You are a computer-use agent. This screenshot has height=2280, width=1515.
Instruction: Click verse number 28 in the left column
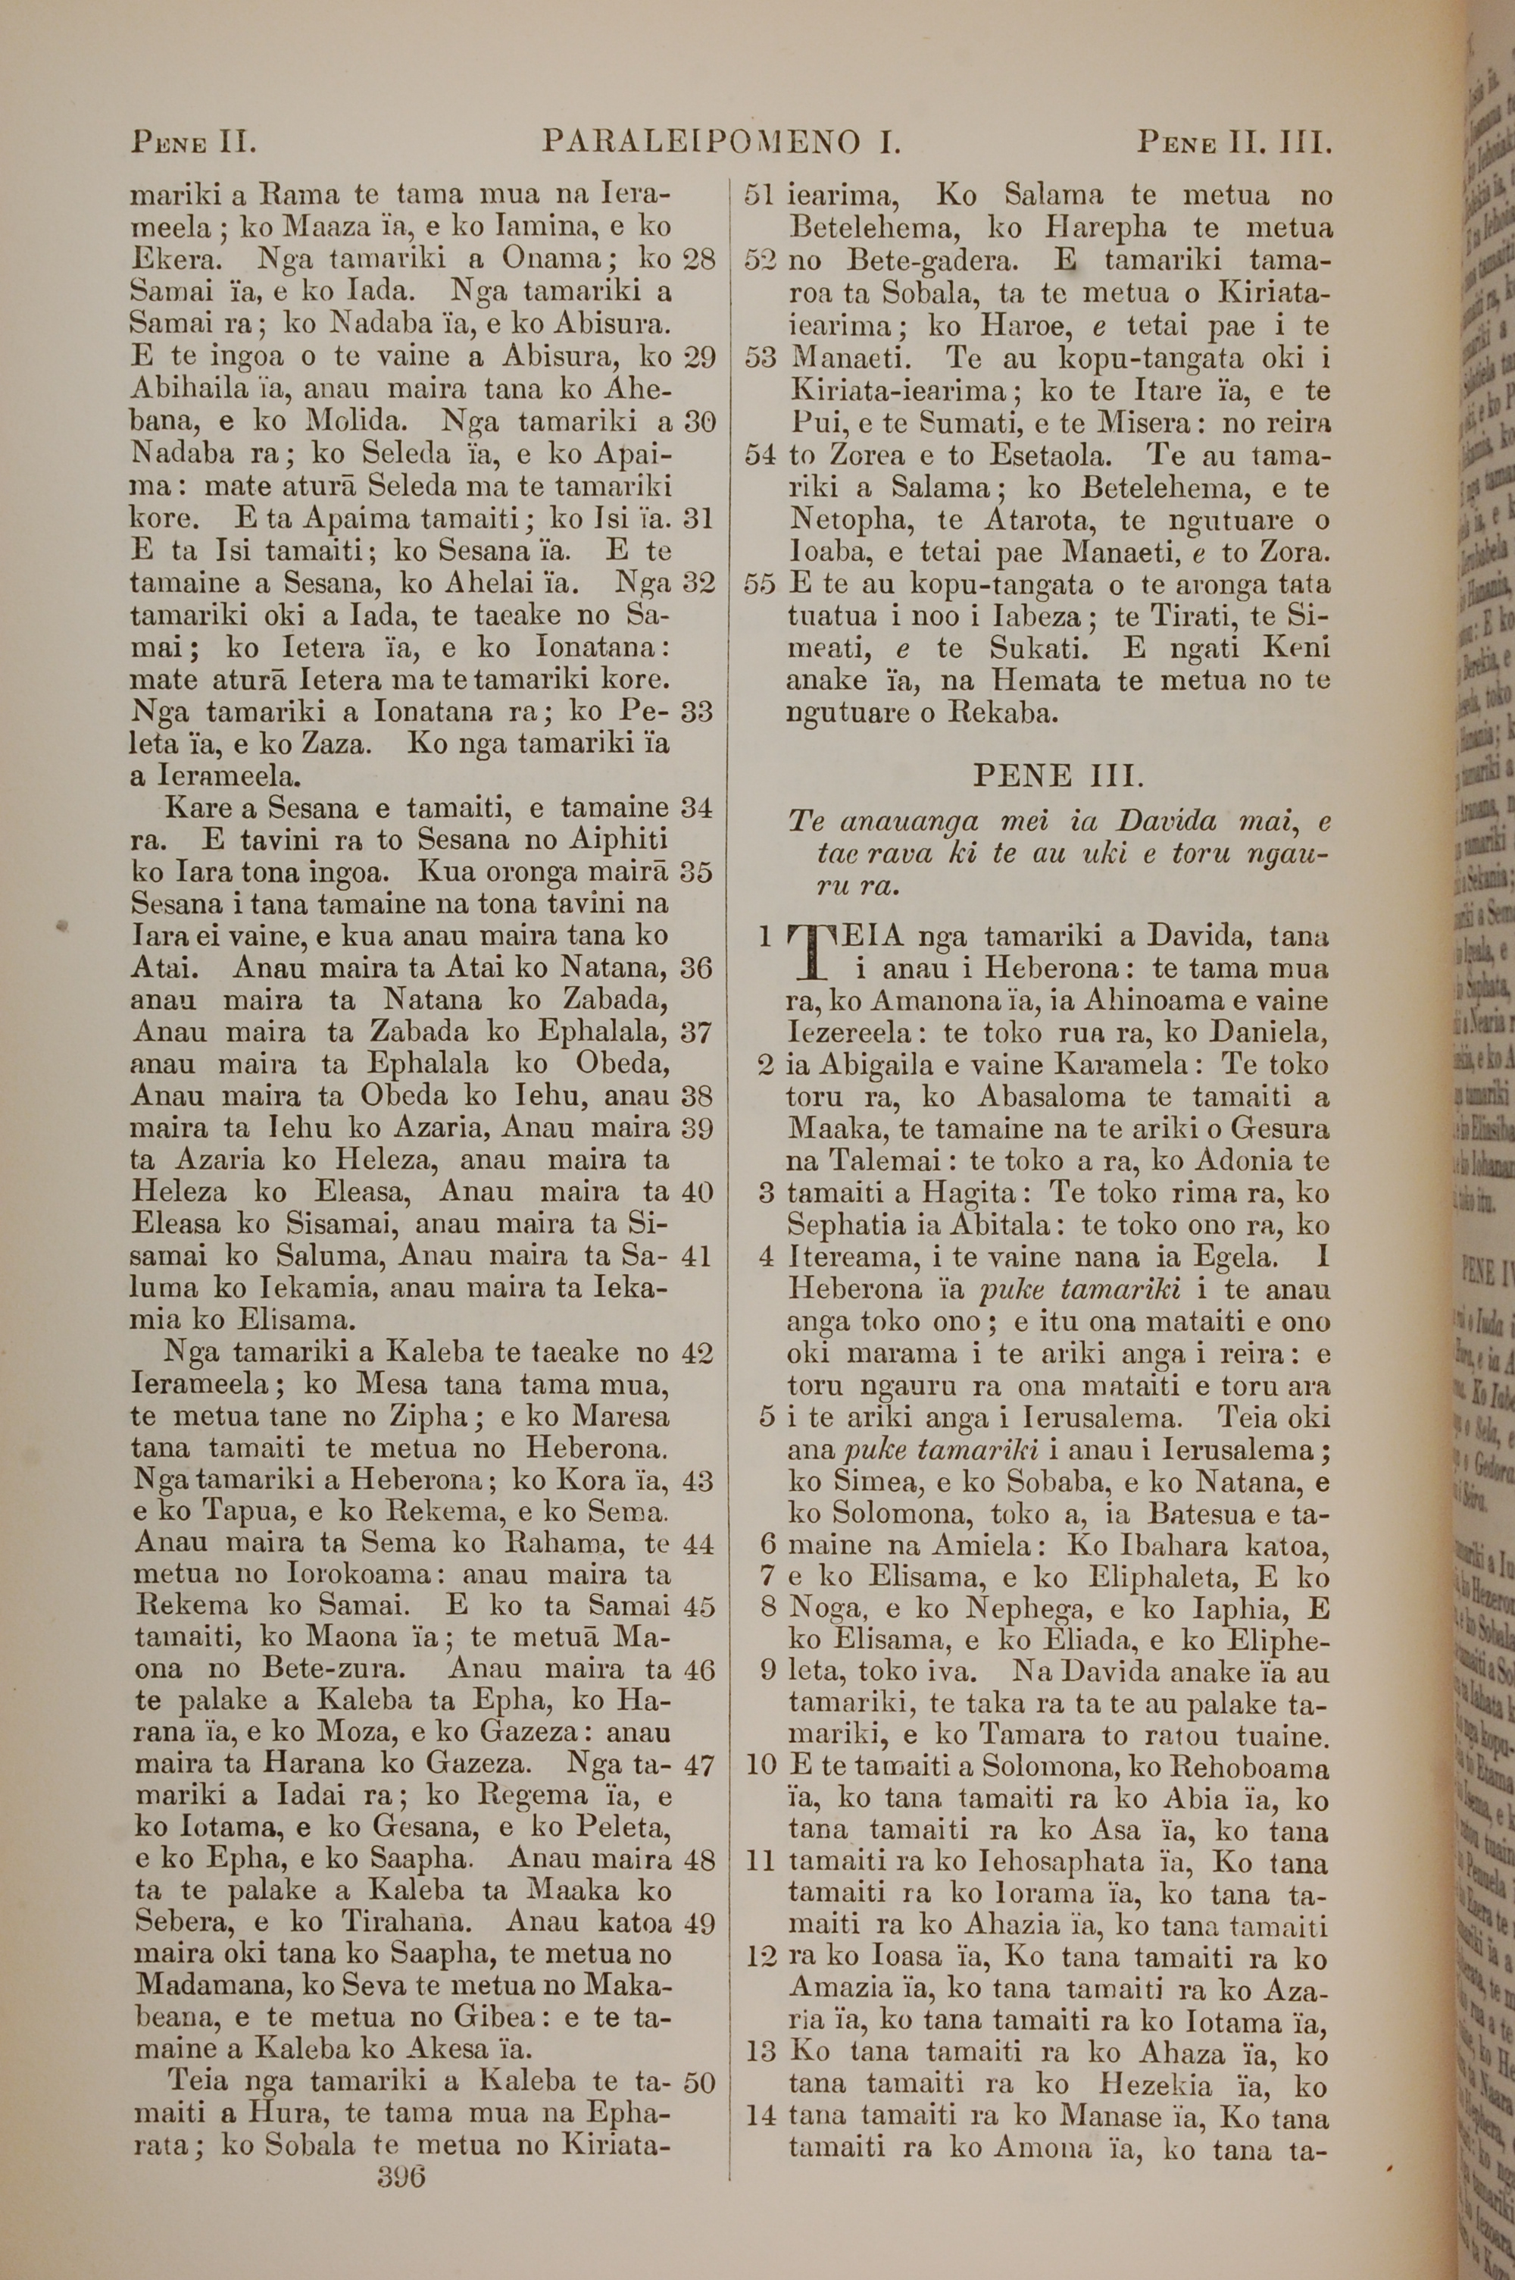click(698, 260)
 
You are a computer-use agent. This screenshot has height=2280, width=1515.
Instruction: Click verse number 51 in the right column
click(761, 196)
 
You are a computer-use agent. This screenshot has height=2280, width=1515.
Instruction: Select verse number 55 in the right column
click(761, 584)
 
